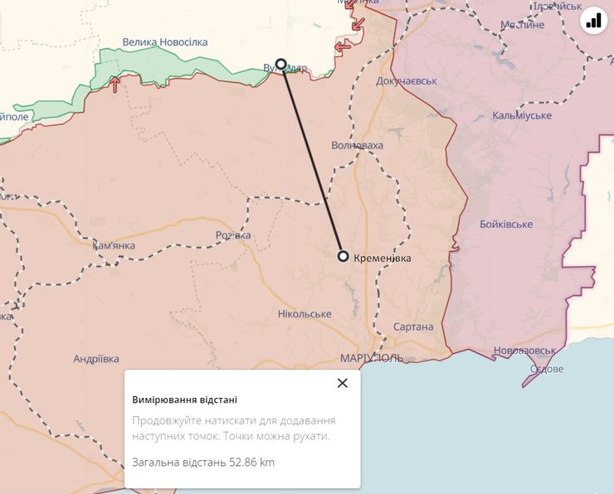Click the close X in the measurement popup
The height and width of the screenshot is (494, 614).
343,383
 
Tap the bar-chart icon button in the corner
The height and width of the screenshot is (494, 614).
593,21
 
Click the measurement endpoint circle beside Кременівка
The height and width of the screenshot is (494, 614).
344,256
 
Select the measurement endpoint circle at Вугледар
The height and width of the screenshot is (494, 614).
281,64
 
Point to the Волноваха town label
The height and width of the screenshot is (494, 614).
357,145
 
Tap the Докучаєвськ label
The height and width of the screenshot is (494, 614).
406,81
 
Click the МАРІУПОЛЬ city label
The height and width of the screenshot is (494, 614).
371,358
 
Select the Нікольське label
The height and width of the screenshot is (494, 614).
305,314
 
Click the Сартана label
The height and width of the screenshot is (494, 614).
413,327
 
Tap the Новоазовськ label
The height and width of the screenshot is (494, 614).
524,351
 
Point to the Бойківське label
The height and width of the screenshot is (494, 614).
506,225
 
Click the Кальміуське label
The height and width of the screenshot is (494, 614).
522,115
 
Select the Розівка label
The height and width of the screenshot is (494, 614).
233,235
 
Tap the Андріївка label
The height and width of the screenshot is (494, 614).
96,359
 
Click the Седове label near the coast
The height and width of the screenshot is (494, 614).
546,369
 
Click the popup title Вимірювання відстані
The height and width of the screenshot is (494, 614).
185,400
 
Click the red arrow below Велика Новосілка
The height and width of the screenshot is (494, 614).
115,84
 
